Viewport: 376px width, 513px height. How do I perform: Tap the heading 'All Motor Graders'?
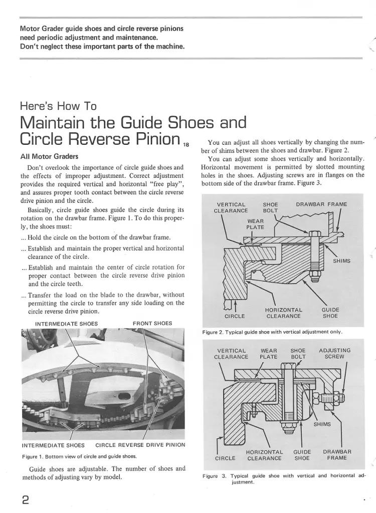(x=49, y=156)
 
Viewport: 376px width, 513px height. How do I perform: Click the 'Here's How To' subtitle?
(x=58, y=106)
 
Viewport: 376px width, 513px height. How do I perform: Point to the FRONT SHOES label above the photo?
(x=152, y=323)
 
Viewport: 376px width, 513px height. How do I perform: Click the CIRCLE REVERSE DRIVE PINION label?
(x=140, y=445)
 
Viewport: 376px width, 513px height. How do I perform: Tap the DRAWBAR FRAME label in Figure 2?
(x=321, y=204)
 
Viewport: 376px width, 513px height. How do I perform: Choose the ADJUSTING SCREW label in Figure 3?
(x=334, y=353)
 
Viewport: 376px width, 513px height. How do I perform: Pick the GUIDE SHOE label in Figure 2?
(x=330, y=313)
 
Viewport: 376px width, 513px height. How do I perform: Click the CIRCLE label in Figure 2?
(x=235, y=316)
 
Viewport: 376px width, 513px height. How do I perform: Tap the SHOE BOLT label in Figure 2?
(x=270, y=207)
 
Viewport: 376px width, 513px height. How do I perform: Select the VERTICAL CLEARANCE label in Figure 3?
(x=231, y=353)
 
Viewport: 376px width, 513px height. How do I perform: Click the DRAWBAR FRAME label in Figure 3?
(x=337, y=455)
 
